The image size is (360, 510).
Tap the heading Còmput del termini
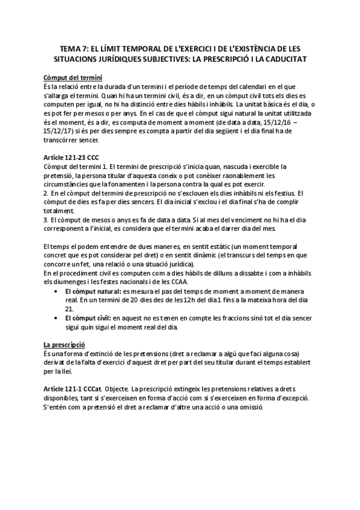(x=73, y=78)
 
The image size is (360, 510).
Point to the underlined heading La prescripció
(x=63, y=345)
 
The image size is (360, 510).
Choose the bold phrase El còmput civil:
(x=84, y=316)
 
